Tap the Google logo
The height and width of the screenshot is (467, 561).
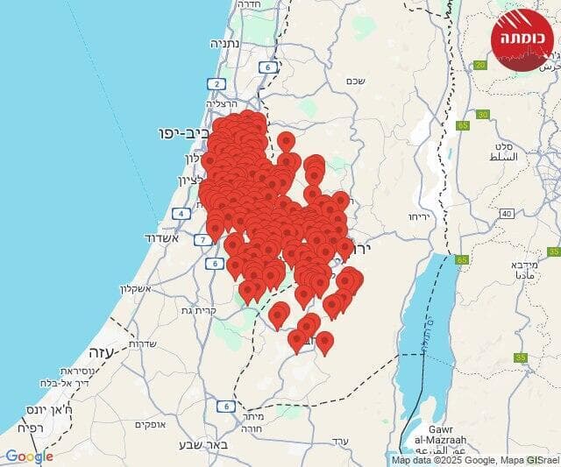pyautogui.click(x=29, y=456)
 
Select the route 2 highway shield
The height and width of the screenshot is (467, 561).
pyautogui.click(x=216, y=84)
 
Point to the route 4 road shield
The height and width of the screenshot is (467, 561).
pyautogui.click(x=181, y=213)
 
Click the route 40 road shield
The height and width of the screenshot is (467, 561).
pyautogui.click(x=506, y=214)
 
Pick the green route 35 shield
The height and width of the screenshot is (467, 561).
pyautogui.click(x=521, y=357)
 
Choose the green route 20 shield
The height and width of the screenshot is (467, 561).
pyautogui.click(x=479, y=65)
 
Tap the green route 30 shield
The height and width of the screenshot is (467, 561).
pyautogui.click(x=483, y=115)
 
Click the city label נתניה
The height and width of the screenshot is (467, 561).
pyautogui.click(x=224, y=43)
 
